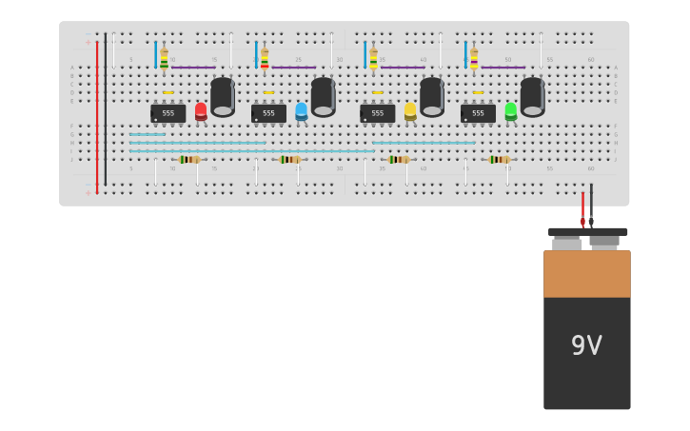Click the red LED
click(201, 110)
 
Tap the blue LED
click(301, 110)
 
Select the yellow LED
click(410, 110)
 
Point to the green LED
click(511, 110)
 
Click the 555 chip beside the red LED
click(168, 113)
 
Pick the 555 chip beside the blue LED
click(268, 113)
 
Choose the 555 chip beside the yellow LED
click(378, 113)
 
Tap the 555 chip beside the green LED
click(478, 113)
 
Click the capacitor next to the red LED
click(223, 97)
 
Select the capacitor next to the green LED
click(532, 97)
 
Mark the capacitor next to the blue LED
click(323, 97)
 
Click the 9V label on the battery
click(586, 345)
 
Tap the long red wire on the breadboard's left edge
click(97, 114)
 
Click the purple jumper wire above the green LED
click(503, 68)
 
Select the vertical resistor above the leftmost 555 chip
click(164, 58)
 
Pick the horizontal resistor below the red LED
click(189, 159)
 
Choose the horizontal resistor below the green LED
click(499, 159)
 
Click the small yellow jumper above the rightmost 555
click(478, 92)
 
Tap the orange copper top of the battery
click(586, 274)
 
